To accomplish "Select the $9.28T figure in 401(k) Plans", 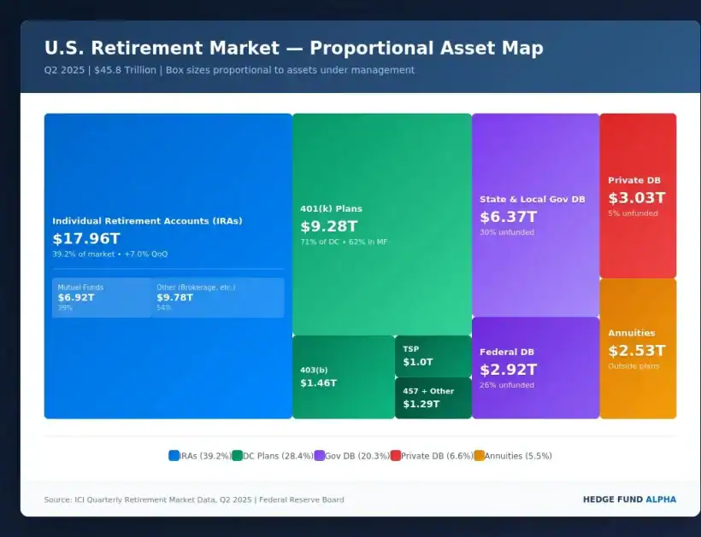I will click(x=329, y=227).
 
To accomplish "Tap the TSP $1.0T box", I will click(x=433, y=356).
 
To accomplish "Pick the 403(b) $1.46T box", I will click(x=343, y=376).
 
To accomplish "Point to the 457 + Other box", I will click(x=433, y=398).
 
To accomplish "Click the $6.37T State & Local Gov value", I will click(x=509, y=217).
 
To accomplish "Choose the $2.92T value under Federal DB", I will click(x=509, y=370).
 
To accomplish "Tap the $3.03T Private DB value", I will click(x=636, y=198).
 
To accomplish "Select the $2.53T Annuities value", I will click(x=636, y=351).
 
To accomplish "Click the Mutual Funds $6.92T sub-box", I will click(x=102, y=297).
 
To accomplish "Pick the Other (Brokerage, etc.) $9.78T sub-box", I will click(x=217, y=297).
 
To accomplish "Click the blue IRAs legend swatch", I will click(x=174, y=456).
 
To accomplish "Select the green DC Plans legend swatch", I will click(x=238, y=456).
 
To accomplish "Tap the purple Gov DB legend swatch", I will click(x=320, y=456).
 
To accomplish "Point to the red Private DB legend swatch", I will click(x=396, y=456).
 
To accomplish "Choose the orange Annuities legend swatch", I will click(x=479, y=456).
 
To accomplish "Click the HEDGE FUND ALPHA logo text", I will click(x=628, y=499).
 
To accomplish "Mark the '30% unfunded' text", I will click(x=507, y=232).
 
